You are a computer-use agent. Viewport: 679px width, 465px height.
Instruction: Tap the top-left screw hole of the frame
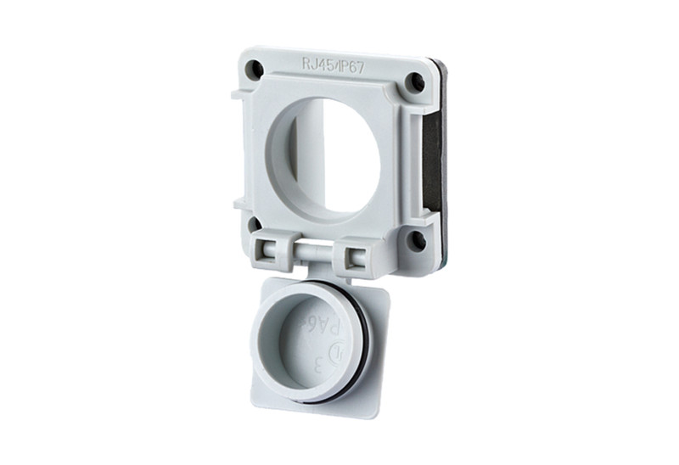[254, 71]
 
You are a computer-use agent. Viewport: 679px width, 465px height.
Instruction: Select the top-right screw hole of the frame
[414, 82]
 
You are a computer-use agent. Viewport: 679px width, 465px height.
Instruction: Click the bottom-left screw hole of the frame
[253, 225]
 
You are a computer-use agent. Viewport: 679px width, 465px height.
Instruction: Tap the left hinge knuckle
[270, 249]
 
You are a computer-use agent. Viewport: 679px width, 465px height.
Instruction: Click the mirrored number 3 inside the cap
[319, 366]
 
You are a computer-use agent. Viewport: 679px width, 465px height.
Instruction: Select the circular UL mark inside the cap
[338, 350]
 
